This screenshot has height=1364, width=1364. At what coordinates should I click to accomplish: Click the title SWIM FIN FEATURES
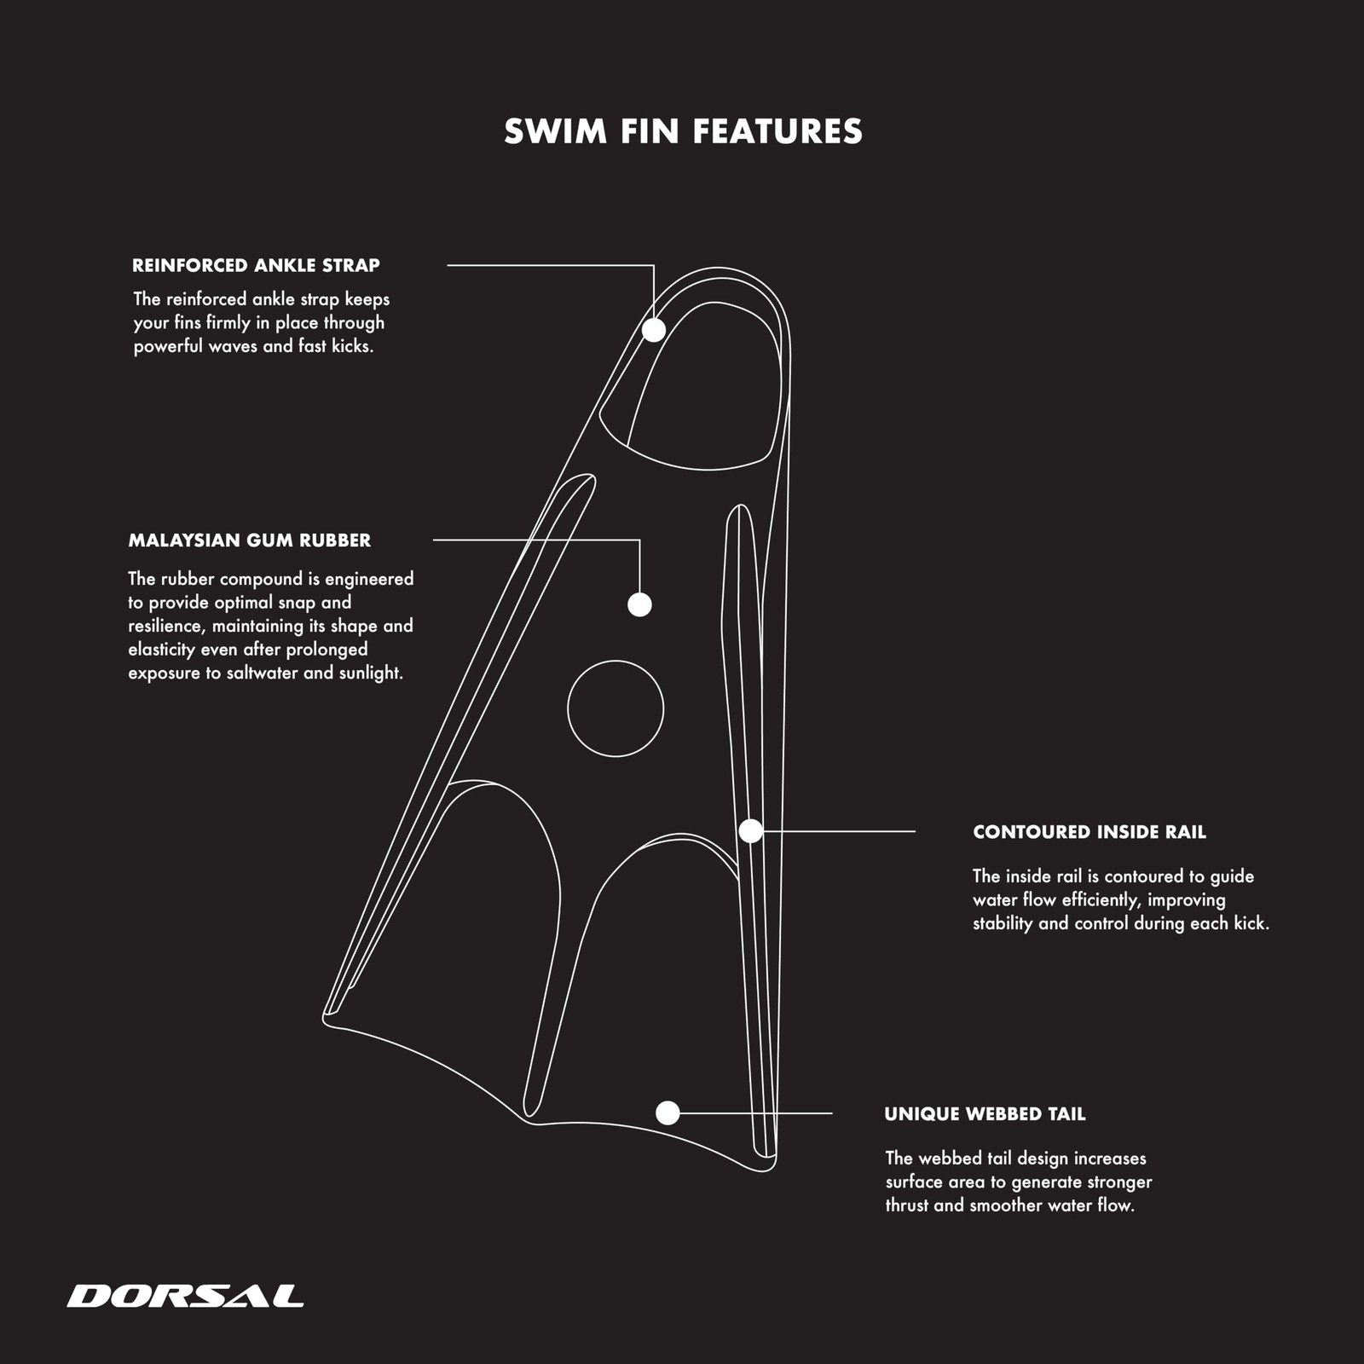tap(683, 131)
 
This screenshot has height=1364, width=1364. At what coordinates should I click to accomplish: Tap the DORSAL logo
tap(185, 1296)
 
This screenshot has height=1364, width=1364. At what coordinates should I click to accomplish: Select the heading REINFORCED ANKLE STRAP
tap(256, 265)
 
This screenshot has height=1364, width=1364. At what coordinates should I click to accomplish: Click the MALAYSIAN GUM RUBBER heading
tap(250, 540)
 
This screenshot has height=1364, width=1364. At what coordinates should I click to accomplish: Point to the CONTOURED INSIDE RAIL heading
tap(1089, 832)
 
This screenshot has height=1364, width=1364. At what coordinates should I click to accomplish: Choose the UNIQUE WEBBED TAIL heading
tap(985, 1113)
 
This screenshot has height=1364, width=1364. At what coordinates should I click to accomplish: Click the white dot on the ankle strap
tap(654, 330)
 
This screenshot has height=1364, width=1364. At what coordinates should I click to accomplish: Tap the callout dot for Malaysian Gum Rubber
tap(639, 604)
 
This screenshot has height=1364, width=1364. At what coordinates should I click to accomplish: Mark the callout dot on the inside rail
tap(750, 830)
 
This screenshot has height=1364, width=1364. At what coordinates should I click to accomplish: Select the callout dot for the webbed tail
tap(668, 1113)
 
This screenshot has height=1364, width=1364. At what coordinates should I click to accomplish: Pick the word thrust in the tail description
tap(907, 1205)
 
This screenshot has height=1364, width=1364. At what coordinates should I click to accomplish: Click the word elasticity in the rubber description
tap(162, 650)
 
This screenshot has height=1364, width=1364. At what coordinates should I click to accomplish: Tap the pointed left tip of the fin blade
tap(325, 1017)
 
